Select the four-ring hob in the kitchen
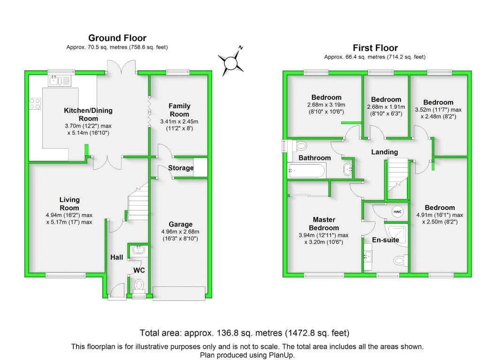pos(35,104)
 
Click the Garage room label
pos(180,224)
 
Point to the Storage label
pos(181,168)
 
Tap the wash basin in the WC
pos(138,250)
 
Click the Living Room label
pos(69,204)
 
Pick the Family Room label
pos(179,110)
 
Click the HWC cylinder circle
pos(397,211)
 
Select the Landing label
pos(384,152)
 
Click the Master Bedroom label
pos(324,224)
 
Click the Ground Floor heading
pos(117,38)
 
